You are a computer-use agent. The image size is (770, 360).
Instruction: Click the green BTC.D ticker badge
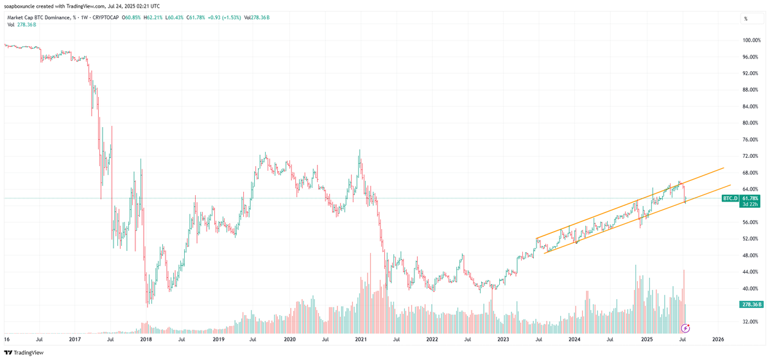pyautogui.click(x=730, y=199)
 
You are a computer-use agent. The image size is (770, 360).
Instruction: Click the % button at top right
pyautogui.click(x=746, y=19)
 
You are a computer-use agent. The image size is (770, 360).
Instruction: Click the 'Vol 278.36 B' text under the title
pyautogui.click(x=22, y=24)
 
